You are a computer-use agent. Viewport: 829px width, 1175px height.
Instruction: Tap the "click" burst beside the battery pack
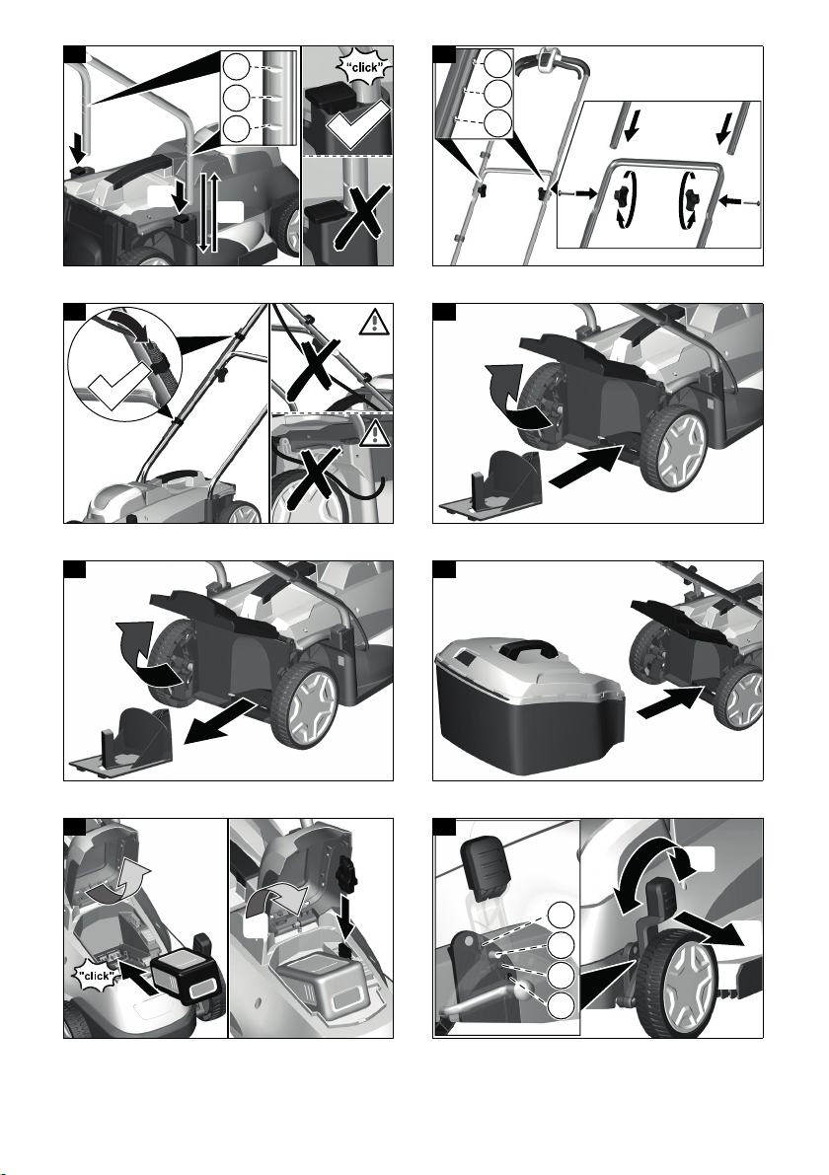click(x=96, y=975)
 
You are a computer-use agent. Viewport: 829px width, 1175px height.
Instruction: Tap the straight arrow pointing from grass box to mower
click(x=669, y=703)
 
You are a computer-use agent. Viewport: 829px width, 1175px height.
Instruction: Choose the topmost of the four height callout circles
click(x=562, y=915)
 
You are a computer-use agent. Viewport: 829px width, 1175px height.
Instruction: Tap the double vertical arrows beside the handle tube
click(x=208, y=211)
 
